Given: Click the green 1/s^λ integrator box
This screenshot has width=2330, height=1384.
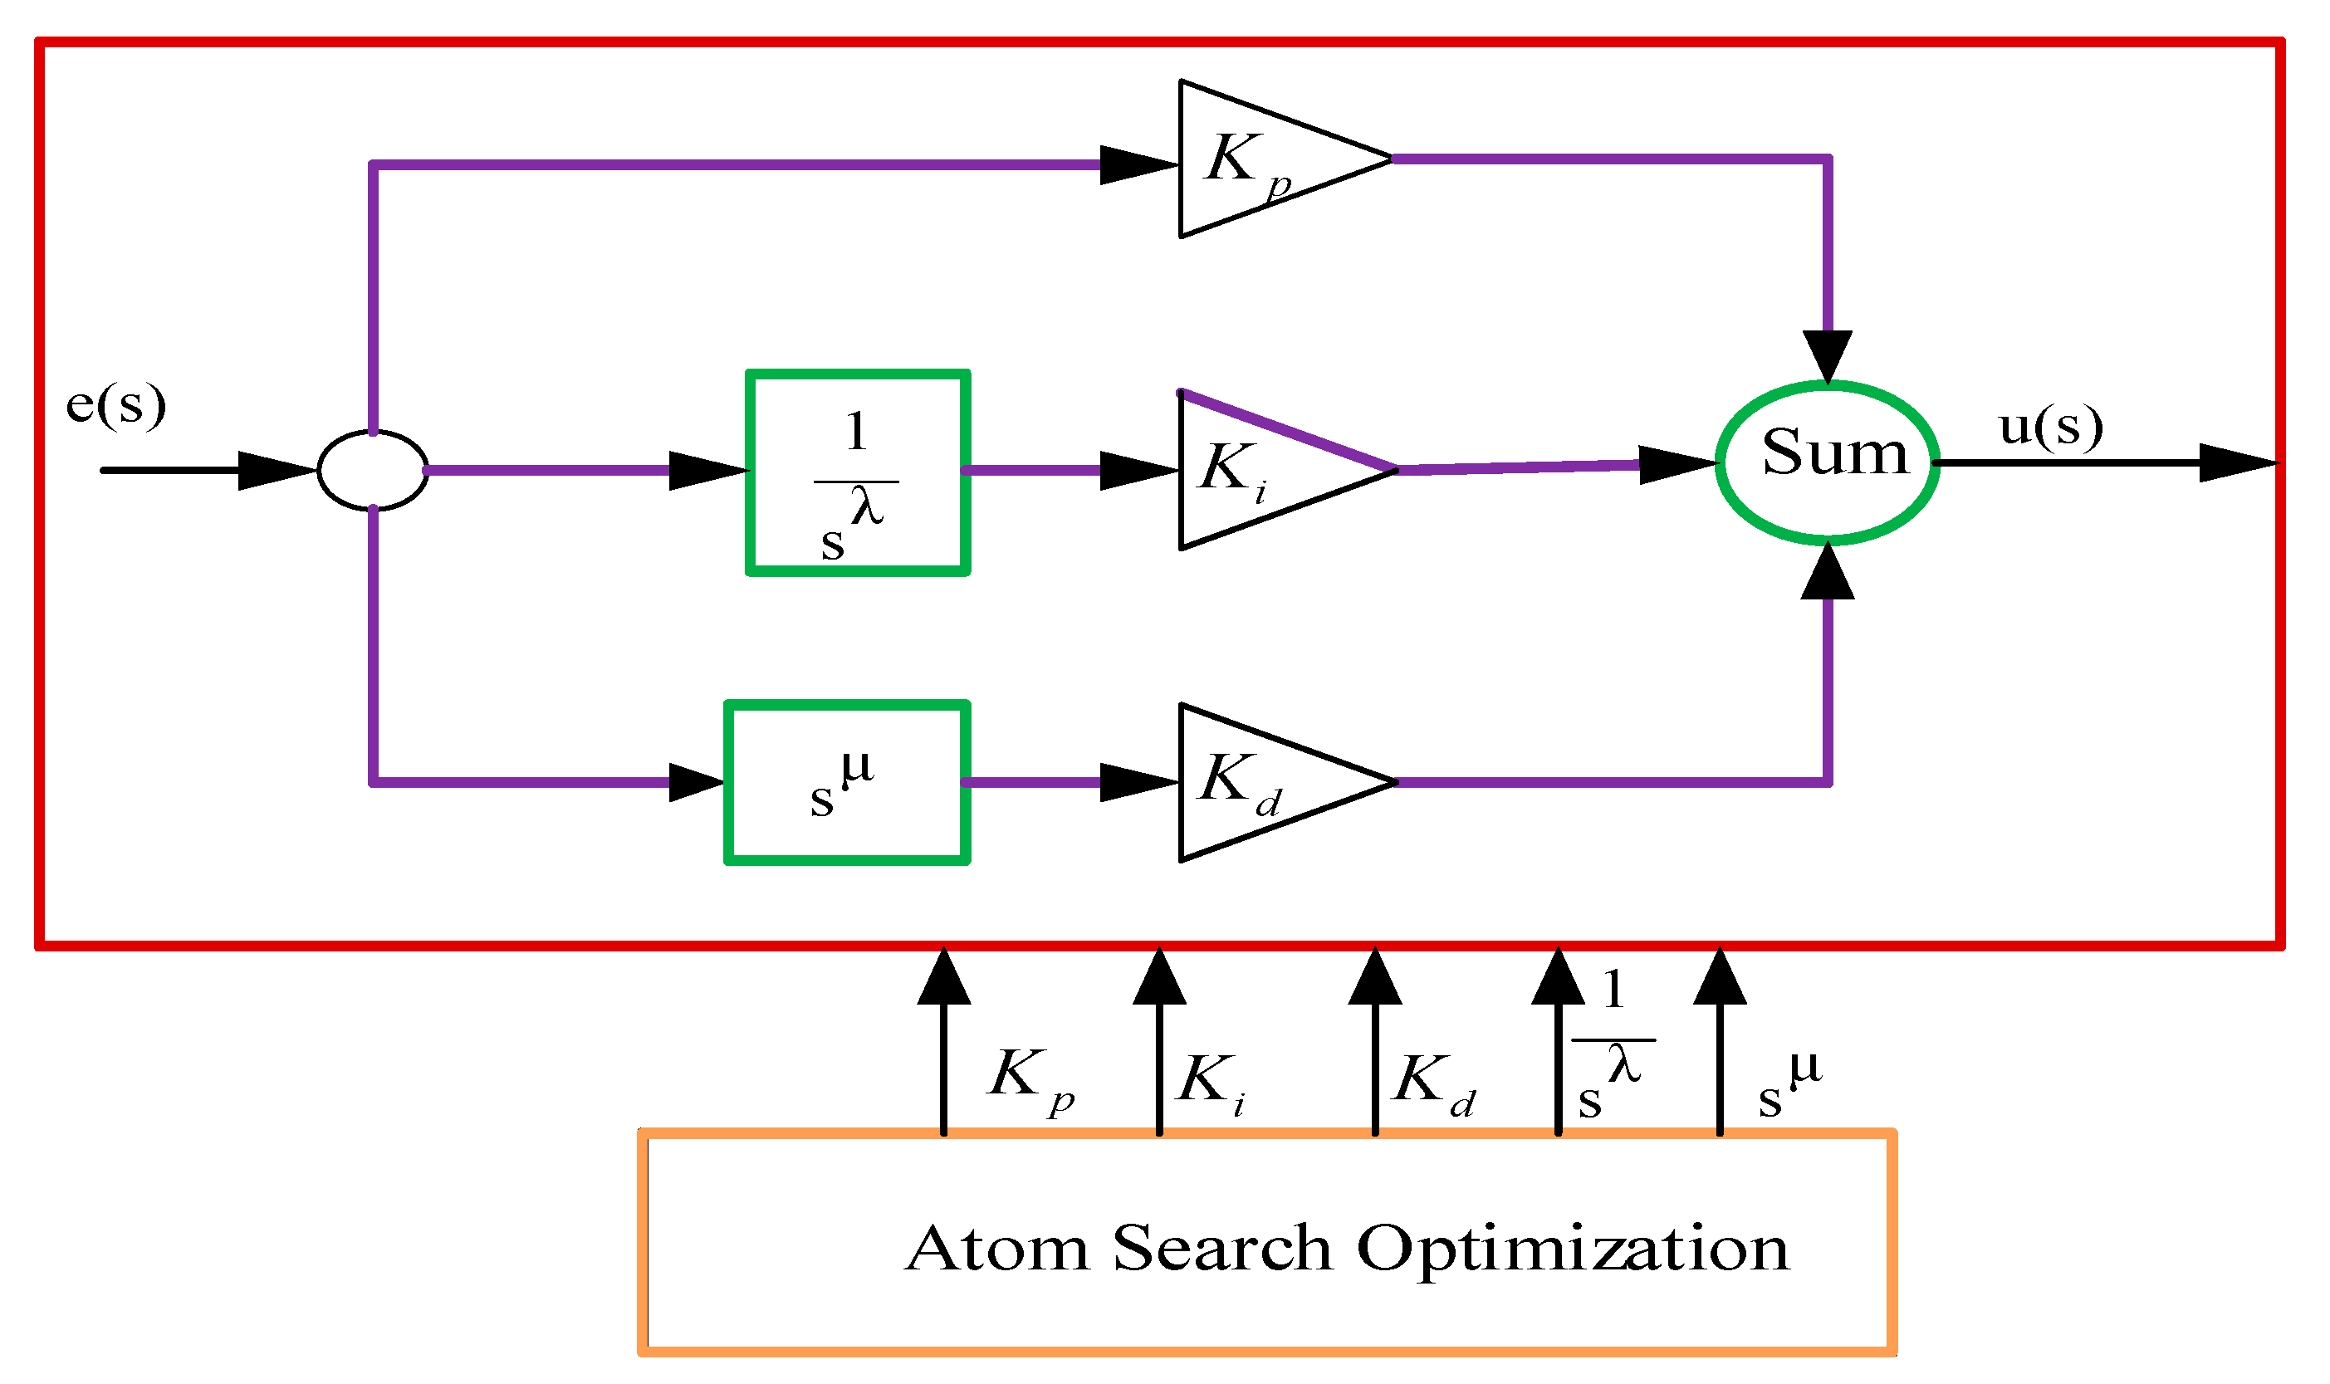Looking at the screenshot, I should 857,473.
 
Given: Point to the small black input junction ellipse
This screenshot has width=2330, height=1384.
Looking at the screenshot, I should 372,470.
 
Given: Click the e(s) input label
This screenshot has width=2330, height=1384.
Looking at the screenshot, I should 115,405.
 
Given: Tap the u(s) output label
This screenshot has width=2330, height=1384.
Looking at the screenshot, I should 2049,427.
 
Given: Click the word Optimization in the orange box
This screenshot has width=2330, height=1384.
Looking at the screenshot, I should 1572,1250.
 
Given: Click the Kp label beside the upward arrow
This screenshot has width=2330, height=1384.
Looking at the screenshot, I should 1030,1078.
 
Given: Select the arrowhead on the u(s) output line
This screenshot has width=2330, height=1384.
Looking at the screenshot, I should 2237,462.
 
